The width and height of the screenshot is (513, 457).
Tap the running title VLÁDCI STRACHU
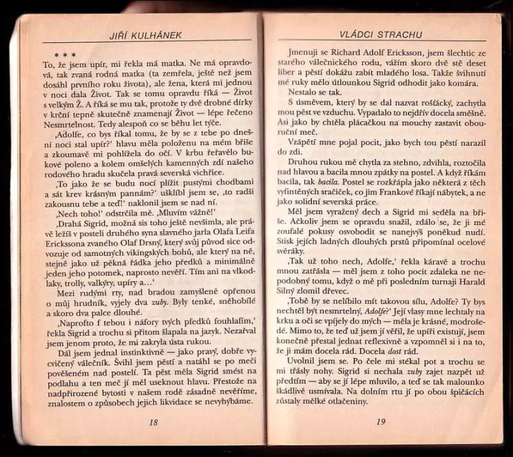[381, 34]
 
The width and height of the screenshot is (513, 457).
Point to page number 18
[153, 423]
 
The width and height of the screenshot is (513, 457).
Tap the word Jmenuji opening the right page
[304, 54]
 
